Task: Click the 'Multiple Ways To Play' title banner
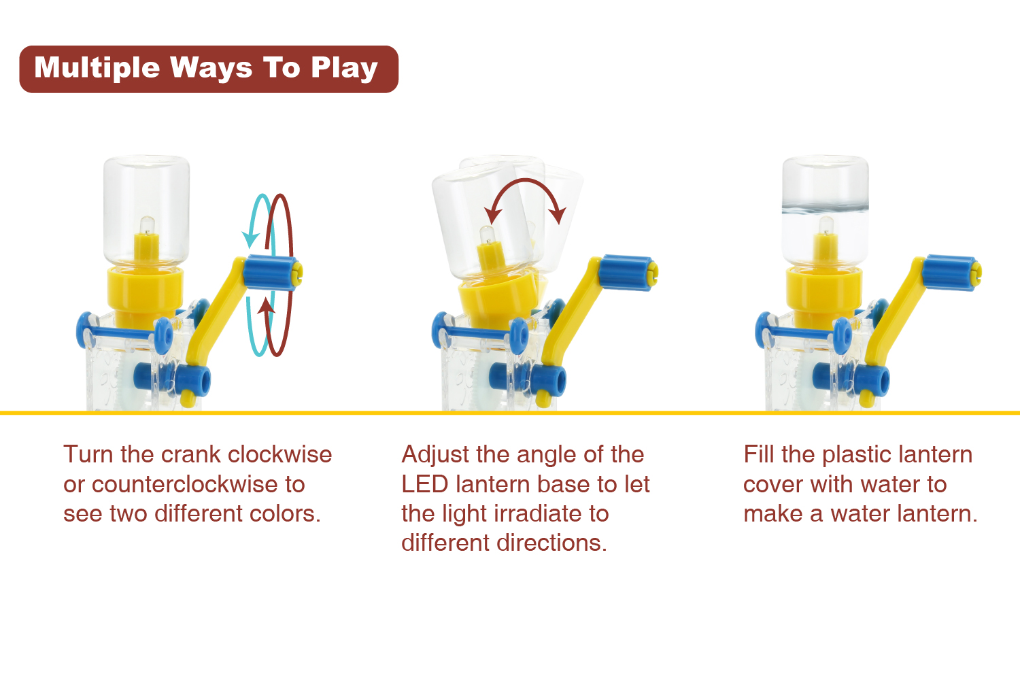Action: (209, 69)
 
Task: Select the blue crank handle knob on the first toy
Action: (272, 273)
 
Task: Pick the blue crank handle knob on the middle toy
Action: (628, 273)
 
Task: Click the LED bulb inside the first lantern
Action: (147, 226)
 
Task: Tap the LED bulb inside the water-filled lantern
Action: (826, 226)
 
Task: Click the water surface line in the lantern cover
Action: (825, 209)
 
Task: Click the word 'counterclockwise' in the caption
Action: (184, 484)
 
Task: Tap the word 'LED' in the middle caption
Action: (424, 484)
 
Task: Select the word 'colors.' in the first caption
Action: (284, 513)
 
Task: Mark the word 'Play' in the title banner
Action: (345, 69)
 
